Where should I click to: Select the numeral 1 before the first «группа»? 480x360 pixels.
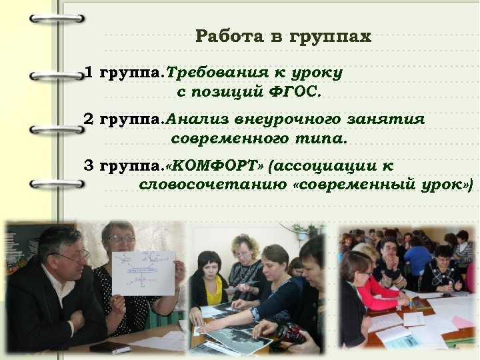89,72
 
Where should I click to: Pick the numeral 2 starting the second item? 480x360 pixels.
89,119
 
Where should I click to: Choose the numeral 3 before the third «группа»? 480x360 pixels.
89,165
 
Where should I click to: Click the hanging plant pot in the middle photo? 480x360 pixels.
301,233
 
